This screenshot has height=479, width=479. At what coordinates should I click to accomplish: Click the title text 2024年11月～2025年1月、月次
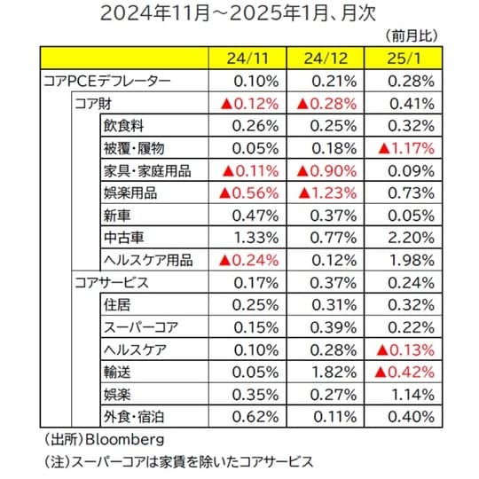click(239, 13)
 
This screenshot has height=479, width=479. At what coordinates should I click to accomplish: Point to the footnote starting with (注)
click(177, 462)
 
